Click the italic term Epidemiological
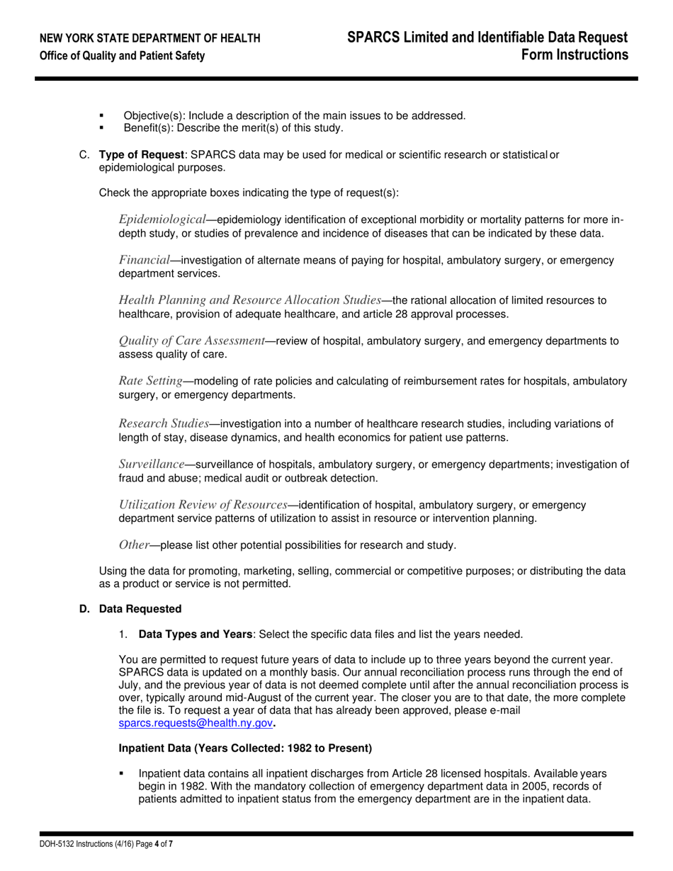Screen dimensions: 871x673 [162, 220]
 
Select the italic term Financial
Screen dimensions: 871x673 [145, 260]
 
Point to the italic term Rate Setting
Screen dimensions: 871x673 [150, 381]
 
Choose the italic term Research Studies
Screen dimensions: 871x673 [164, 423]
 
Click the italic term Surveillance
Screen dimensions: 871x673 [152, 464]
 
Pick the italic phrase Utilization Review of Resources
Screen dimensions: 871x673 [203, 504]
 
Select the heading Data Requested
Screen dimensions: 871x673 [140, 609]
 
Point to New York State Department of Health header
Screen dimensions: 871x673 [149, 38]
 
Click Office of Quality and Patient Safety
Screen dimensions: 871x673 [123, 56]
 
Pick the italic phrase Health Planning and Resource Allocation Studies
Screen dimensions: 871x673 [250, 300]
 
